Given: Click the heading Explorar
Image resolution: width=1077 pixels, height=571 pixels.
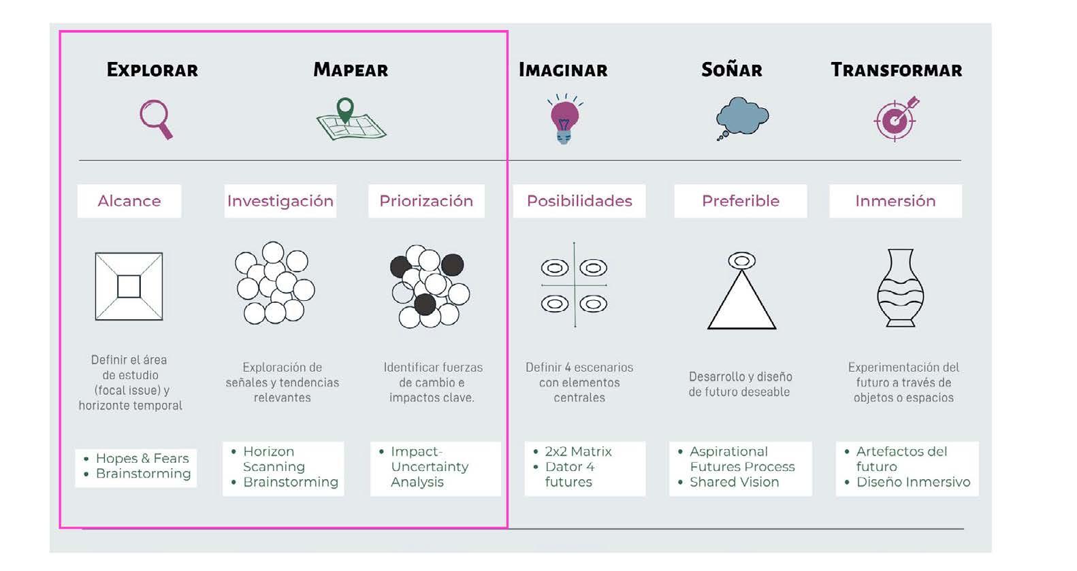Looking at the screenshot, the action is coord(152,69).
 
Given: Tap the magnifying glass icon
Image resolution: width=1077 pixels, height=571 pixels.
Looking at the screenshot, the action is coord(156,119).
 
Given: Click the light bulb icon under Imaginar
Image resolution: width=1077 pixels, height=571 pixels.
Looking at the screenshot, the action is coord(564,120).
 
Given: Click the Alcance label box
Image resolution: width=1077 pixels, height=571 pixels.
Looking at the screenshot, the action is coord(129,201).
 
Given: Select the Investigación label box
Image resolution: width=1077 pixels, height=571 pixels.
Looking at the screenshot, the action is coord(280,201).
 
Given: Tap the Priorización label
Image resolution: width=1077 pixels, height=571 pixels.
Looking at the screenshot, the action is coord(426,201).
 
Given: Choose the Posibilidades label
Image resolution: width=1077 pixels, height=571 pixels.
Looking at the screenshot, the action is coord(579,201).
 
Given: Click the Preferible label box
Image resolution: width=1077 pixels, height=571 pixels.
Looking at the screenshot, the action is coord(740,201).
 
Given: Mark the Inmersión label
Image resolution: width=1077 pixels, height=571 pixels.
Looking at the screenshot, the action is coord(895,201).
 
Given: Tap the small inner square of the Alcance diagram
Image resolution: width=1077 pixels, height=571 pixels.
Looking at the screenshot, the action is coord(129,287).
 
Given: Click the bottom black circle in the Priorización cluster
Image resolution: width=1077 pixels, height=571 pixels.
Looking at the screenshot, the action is coord(425,304).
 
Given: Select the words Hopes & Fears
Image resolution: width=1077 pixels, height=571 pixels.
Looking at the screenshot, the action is coord(142,458).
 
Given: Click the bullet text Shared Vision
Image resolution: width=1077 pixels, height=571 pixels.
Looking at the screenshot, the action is coord(734,482).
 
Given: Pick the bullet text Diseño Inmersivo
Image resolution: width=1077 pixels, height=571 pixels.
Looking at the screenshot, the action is coord(913,482).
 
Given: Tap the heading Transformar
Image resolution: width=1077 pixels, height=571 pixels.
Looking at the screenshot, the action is coord(896,69).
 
